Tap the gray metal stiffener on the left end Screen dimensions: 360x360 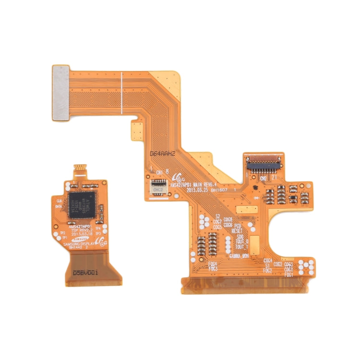[60, 92]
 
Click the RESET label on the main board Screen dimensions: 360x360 [237, 231]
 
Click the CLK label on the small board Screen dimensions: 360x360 [59, 200]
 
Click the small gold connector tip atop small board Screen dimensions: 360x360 [80, 169]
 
